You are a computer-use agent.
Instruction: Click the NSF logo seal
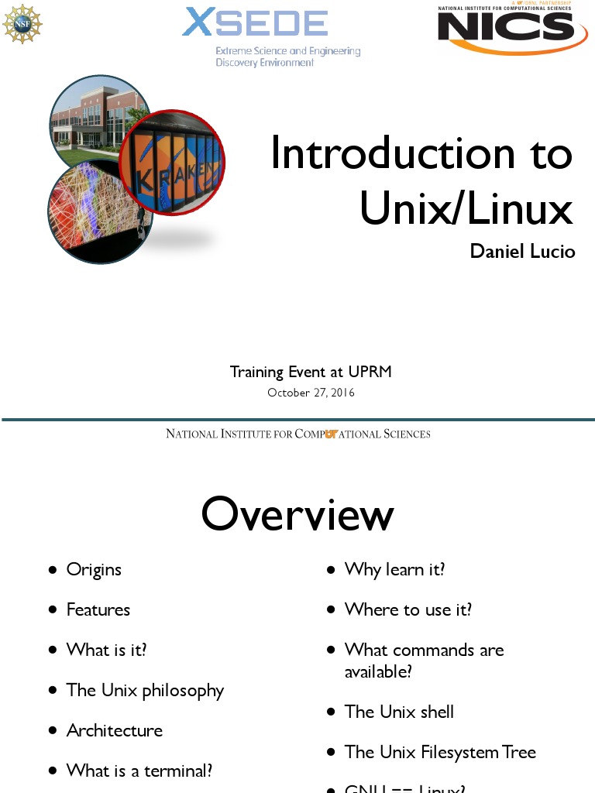22,24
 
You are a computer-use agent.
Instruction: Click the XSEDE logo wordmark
255,23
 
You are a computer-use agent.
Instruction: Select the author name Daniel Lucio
522,252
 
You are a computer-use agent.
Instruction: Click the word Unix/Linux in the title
466,208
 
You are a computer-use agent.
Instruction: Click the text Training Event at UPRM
311,372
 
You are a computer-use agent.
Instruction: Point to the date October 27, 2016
311,393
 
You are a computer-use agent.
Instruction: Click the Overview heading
297,514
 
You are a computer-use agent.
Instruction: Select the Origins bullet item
94,569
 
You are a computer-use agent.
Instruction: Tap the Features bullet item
98,609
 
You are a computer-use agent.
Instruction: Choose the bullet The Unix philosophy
145,690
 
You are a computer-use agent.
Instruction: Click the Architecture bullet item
115,730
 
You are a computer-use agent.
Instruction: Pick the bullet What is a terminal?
139,771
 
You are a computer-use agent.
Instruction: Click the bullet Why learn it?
394,569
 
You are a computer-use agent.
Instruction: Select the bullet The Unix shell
399,712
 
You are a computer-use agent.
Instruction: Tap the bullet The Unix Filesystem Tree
440,752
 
